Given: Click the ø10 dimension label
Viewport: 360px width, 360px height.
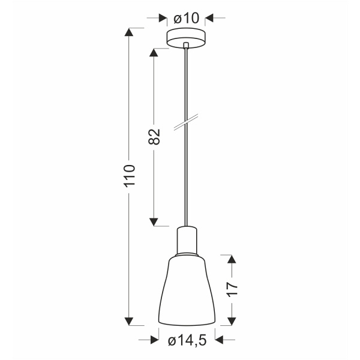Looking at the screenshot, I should [x=187, y=19].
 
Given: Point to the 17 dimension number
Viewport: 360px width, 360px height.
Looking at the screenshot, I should [x=232, y=289].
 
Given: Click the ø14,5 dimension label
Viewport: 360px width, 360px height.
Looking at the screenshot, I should [x=187, y=340].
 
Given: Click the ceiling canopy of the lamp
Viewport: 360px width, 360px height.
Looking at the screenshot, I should [x=187, y=37].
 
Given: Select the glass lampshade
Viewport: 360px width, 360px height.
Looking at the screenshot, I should [x=187, y=291].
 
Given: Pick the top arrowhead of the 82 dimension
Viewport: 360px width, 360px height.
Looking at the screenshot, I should [x=154, y=52].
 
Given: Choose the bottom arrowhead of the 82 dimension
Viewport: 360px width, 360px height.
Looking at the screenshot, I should [x=154, y=221].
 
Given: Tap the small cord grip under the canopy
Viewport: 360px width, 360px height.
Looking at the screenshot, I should [x=187, y=45].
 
